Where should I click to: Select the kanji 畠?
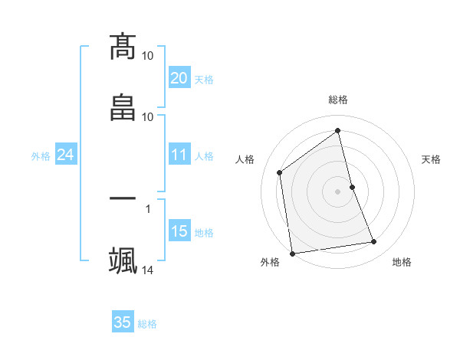point(123,107)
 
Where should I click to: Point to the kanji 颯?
point(123,260)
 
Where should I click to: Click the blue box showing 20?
point(179,77)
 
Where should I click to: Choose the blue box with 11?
point(179,155)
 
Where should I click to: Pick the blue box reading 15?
point(179,231)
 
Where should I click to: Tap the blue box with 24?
point(65,155)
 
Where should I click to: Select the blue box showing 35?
point(123,322)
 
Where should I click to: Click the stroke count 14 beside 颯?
point(148,270)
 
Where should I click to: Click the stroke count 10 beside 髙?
point(148,56)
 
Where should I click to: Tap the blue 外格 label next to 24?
point(41,155)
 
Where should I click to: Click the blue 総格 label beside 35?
point(147,323)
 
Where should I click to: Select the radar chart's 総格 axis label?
point(338,100)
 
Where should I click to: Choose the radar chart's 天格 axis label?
point(431,159)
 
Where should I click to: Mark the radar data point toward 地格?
point(374,242)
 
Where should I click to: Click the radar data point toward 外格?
point(292,253)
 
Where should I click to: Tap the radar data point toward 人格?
point(280,172)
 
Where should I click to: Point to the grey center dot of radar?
point(338,191)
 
